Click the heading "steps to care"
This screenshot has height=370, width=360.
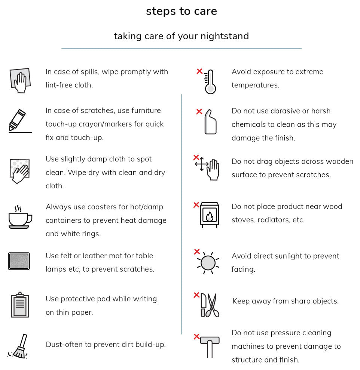pyautogui.click(x=181, y=11)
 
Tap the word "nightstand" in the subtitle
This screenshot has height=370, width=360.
pyautogui.click(x=225, y=36)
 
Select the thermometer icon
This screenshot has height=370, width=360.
pyautogui.click(x=210, y=81)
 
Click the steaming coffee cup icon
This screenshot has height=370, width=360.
pyautogui.click(x=20, y=217)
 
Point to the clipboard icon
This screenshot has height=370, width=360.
pyautogui.click(x=20, y=305)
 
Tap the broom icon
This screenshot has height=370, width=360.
pyautogui.click(x=18, y=346)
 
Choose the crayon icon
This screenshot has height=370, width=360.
pyautogui.click(x=17, y=120)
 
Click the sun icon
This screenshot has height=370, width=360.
pyautogui.click(x=208, y=263)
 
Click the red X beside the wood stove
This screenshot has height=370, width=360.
pyautogui.click(x=196, y=205)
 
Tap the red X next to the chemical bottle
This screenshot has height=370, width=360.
pyautogui.click(x=199, y=111)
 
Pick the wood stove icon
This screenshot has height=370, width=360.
pyautogui.click(x=210, y=215)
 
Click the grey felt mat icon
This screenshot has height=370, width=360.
pyautogui.click(x=19, y=261)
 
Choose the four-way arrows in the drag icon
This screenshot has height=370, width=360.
pyautogui.click(x=201, y=164)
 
